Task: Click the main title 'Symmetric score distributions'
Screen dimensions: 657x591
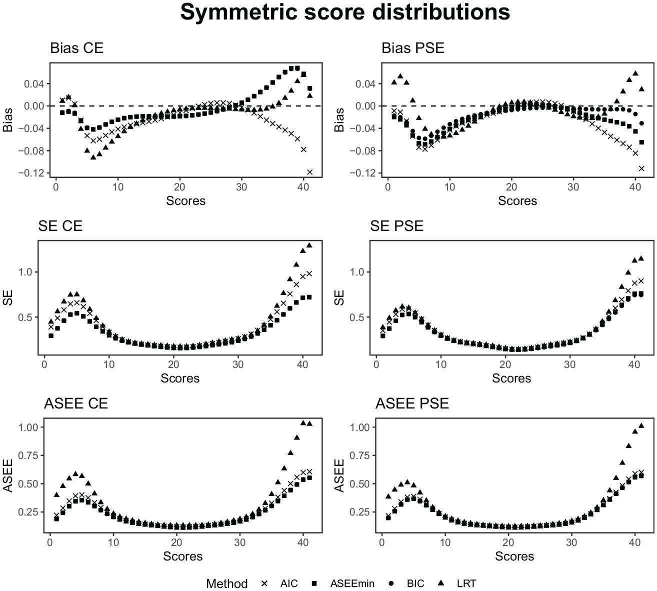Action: (x=345, y=12)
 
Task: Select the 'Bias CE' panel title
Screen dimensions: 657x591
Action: (x=76, y=48)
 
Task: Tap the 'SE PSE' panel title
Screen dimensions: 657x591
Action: (x=396, y=226)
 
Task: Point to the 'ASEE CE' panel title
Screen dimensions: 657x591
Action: (x=76, y=403)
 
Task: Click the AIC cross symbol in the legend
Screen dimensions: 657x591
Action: (x=264, y=583)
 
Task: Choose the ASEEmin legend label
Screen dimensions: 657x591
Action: (x=352, y=583)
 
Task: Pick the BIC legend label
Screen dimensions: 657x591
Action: (x=415, y=583)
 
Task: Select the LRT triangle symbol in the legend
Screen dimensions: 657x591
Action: (x=441, y=583)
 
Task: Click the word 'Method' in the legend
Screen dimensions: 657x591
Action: (x=226, y=583)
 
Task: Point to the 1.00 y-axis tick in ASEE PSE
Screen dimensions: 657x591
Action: (x=360, y=427)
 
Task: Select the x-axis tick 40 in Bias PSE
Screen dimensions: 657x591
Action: (x=635, y=187)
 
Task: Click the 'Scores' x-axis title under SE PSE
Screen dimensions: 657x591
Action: (x=511, y=378)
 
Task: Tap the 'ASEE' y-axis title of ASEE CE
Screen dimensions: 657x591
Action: (x=7, y=475)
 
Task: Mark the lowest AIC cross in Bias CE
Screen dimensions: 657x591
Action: (x=310, y=172)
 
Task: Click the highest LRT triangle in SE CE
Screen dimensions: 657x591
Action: (x=309, y=245)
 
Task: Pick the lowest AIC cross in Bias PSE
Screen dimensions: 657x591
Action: (x=641, y=168)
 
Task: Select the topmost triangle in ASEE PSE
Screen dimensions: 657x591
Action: (x=641, y=425)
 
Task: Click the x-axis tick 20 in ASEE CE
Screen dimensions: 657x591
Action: (x=176, y=542)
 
